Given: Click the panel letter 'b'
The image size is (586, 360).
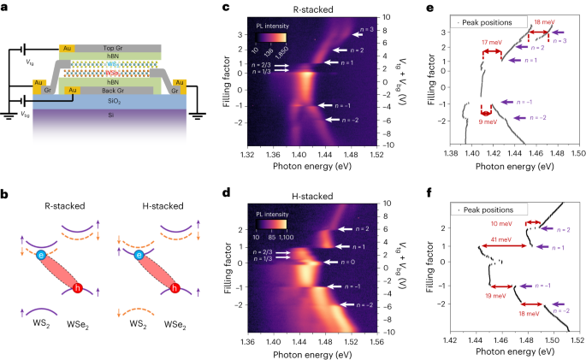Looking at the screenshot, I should pos(6,192).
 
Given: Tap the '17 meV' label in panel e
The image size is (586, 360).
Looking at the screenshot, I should pos(491,42).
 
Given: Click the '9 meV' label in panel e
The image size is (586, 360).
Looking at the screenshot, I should pos(487,121).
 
